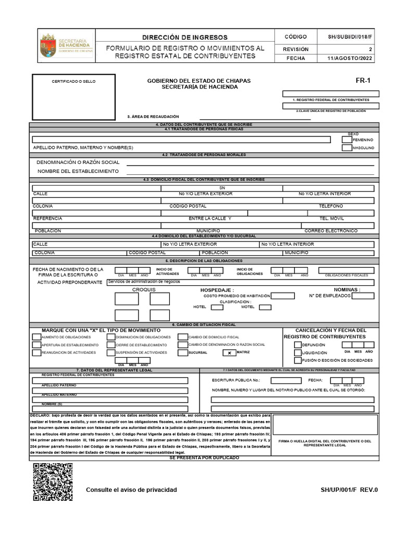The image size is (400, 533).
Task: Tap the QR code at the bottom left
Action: [53, 481]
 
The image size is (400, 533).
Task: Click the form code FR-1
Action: [362, 81]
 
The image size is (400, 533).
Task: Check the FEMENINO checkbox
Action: [347, 139]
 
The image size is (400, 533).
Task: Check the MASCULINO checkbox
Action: [347, 148]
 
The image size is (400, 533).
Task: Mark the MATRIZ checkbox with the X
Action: [229, 352]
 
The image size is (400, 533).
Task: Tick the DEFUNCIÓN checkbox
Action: [297, 345]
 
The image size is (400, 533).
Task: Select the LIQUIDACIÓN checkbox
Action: [297, 352]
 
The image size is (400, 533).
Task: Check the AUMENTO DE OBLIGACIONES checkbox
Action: [37, 337]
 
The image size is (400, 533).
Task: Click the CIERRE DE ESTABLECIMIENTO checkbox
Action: [111, 345]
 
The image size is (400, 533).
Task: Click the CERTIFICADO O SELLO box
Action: [73, 97]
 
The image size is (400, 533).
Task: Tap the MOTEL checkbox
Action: [265, 307]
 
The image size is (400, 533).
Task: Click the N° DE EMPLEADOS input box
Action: [362, 296]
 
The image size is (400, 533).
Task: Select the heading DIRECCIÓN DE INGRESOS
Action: [185, 37]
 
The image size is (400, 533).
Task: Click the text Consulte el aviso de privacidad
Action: [131, 490]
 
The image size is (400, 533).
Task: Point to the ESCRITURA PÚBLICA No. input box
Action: [282, 380]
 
